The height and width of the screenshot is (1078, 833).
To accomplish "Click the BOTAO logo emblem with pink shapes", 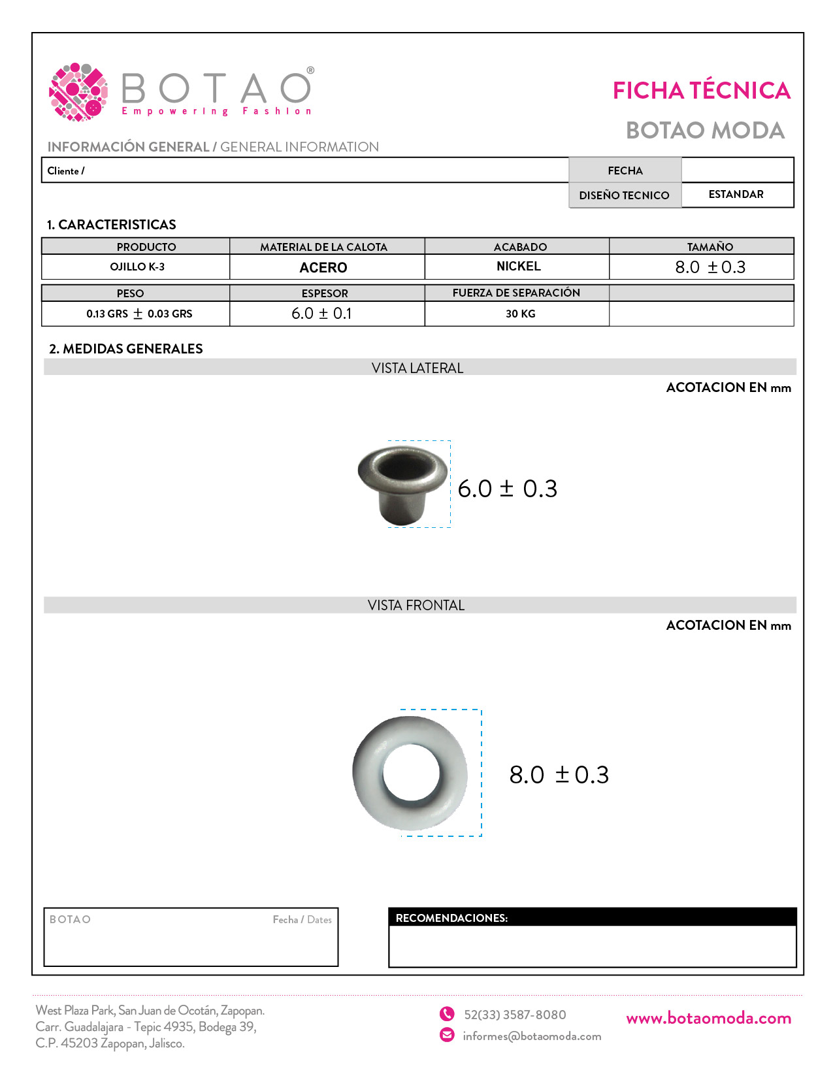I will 78,92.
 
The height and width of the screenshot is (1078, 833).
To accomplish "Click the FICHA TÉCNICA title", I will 701,91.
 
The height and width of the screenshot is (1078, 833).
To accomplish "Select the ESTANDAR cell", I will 736,195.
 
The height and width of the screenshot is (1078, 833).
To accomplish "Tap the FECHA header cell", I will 625,171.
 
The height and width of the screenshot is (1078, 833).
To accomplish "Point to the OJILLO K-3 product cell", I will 137,267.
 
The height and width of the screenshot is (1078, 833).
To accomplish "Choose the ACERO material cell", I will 323,267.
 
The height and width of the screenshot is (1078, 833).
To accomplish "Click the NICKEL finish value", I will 518,267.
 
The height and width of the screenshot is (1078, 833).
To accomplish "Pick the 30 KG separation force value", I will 520,314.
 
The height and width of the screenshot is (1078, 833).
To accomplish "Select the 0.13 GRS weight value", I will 139,314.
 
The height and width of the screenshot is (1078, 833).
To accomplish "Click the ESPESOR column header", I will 325,293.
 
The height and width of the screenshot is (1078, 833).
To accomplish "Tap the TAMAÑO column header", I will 710,247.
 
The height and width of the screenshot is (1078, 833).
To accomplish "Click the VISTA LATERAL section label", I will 417,368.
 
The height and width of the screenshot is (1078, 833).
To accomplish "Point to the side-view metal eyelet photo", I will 402,484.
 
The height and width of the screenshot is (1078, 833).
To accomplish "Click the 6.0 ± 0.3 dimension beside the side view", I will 507,489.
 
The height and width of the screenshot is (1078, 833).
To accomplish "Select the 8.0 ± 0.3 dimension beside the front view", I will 559,775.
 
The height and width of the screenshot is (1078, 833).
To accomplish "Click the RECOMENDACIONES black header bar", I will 592,917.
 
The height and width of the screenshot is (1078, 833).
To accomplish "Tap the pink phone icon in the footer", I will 447,1014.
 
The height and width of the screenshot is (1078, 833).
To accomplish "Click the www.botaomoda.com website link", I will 708,1018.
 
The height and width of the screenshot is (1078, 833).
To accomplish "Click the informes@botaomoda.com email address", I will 532,1036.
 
